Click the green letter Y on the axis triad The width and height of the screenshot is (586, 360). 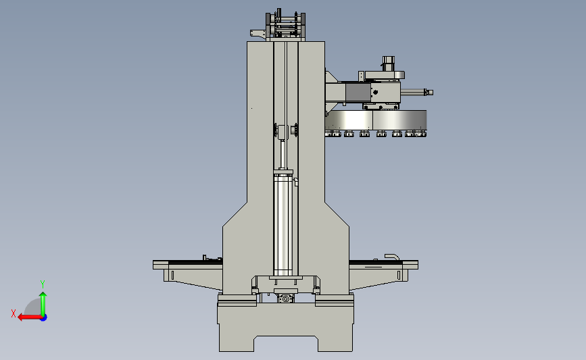point(43,284)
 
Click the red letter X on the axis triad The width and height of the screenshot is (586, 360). point(14,313)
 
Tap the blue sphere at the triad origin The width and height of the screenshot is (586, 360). point(43,318)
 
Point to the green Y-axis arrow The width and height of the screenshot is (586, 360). point(43,304)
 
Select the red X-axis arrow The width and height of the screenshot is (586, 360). point(30,317)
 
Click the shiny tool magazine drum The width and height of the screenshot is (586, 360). point(376,120)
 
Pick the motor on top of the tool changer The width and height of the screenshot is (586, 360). point(388,63)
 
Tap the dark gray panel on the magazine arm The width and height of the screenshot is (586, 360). point(358,93)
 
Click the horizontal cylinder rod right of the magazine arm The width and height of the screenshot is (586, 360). point(416,92)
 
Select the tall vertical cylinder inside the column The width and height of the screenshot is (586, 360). point(283,224)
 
